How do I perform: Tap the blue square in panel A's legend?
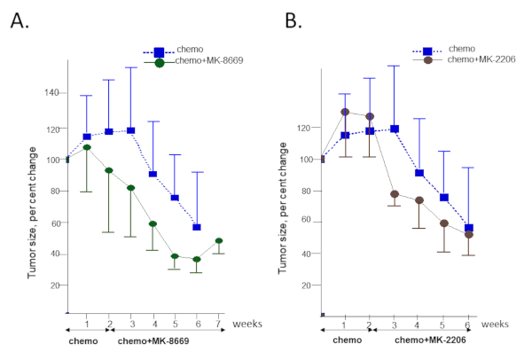[159, 52]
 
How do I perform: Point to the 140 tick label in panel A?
[52, 92]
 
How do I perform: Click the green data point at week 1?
[87, 147]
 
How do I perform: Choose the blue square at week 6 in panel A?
[197, 227]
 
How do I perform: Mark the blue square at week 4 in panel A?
[153, 174]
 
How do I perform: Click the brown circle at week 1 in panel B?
[345, 113]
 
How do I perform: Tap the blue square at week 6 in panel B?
[468, 228]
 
